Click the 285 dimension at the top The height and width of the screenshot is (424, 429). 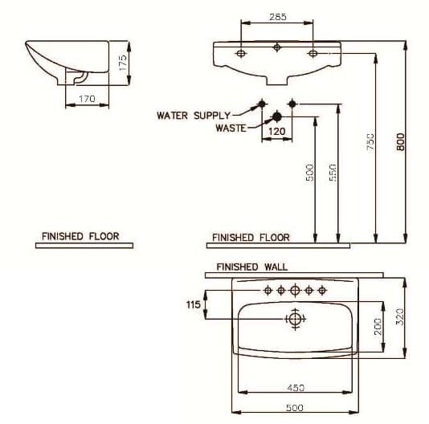277,16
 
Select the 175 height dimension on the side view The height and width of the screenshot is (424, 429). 124,63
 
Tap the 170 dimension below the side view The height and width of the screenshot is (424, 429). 87,99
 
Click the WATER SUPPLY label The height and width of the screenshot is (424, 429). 194,116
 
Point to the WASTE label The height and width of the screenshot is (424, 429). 230,128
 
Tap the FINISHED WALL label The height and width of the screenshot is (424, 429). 251,267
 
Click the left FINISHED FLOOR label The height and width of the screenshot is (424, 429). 80,236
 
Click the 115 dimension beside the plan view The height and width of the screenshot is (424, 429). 193,304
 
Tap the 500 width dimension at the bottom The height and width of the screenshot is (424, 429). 295,408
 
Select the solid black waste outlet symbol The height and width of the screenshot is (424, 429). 277,116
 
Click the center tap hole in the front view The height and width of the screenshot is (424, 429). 277,47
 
